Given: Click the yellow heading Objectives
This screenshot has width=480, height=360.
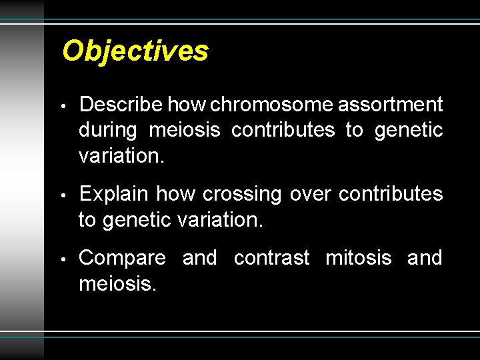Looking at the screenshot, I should pyautogui.click(x=135, y=51).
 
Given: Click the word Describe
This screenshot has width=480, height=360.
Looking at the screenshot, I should pyautogui.click(x=121, y=105).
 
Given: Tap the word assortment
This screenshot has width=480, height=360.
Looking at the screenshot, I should pyautogui.click(x=391, y=105).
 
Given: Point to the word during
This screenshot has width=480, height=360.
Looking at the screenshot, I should pyautogui.click(x=107, y=130).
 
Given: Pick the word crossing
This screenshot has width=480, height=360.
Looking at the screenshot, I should pyautogui.click(x=242, y=194).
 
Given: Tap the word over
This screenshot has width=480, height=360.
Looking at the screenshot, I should pyautogui.click(x=310, y=194).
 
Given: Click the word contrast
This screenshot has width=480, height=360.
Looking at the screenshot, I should pyautogui.click(x=271, y=258).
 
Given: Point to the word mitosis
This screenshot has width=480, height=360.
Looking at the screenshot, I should pyautogui.click(x=358, y=258).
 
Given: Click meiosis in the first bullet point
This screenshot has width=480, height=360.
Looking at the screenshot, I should pyautogui.click(x=184, y=130).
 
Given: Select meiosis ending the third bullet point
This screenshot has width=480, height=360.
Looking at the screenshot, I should pyautogui.click(x=117, y=284).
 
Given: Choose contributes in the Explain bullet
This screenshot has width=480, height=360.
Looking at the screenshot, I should pyautogui.click(x=391, y=194).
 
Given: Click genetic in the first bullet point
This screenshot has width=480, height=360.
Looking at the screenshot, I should pyautogui.click(x=409, y=130).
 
